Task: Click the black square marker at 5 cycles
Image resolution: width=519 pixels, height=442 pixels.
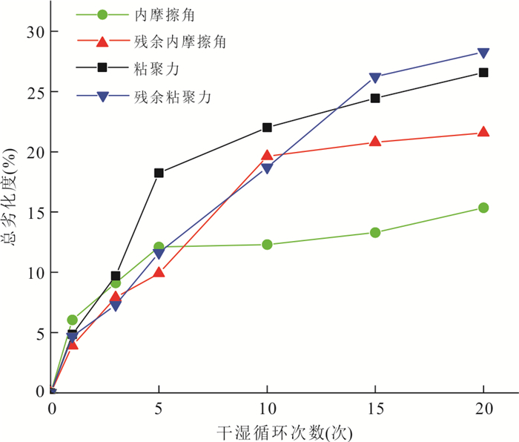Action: point(159,173)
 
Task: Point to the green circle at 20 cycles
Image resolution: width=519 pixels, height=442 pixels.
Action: point(483,208)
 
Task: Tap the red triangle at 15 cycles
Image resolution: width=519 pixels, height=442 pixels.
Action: point(375,141)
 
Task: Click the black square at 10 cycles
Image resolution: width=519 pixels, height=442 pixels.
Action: point(267,128)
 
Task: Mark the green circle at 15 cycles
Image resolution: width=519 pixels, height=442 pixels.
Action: point(375,232)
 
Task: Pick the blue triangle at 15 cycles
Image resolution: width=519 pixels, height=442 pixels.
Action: point(375,78)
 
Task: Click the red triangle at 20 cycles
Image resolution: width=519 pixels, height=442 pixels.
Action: point(483,132)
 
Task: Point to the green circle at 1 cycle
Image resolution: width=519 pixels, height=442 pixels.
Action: point(73,320)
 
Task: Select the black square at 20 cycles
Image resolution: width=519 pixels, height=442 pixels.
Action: point(483,73)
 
